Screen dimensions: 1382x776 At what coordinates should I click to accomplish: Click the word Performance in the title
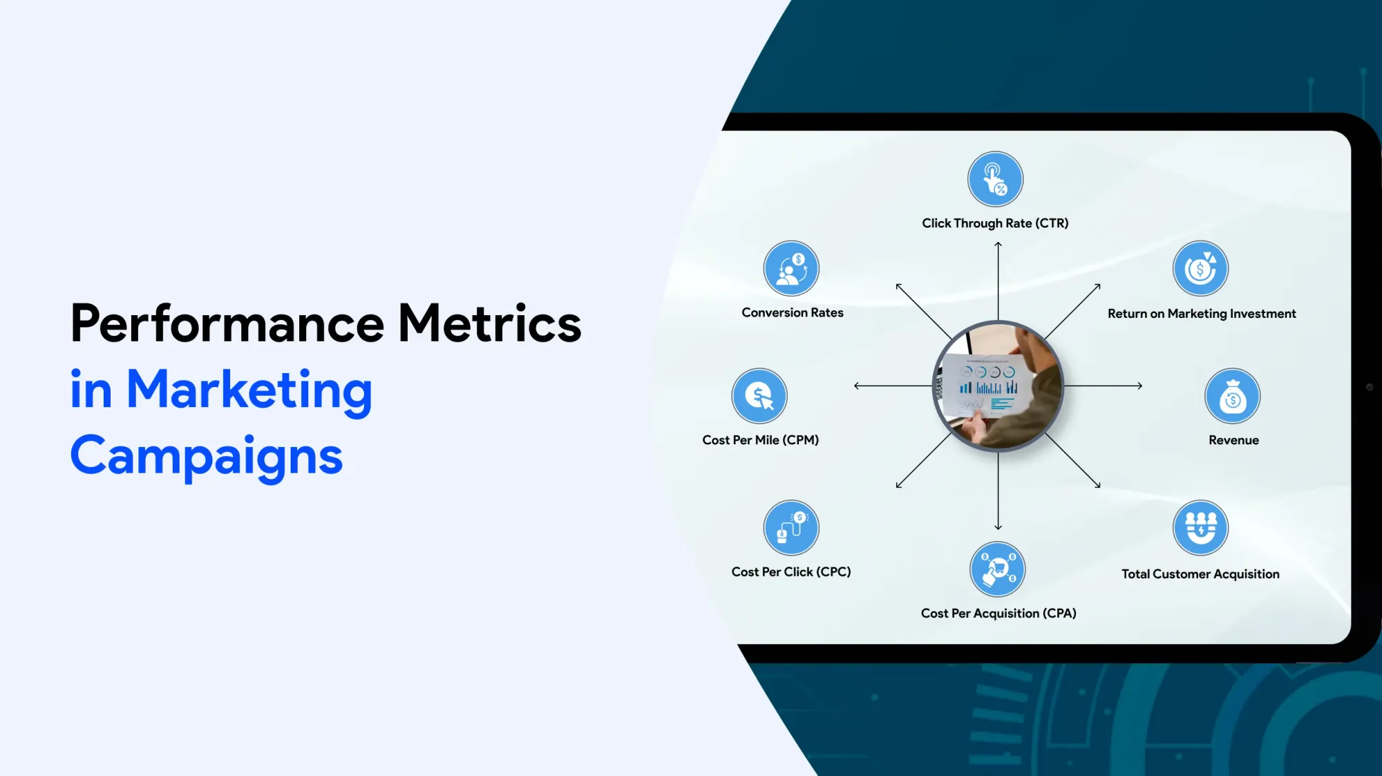click(227, 323)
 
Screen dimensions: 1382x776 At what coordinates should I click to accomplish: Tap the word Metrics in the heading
click(490, 323)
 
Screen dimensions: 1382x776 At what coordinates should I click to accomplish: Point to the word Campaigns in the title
click(207, 456)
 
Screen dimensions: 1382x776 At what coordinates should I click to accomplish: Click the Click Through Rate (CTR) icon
click(995, 179)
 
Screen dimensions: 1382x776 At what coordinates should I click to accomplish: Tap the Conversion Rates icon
click(791, 268)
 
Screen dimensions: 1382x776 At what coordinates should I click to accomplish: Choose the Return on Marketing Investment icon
click(1201, 268)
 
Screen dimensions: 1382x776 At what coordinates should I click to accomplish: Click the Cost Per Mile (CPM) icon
click(759, 396)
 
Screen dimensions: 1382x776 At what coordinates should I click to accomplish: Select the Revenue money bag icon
click(1233, 396)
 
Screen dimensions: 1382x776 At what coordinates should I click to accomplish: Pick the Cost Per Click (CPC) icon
click(791, 528)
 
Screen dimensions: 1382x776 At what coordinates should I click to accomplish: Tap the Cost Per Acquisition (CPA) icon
click(998, 569)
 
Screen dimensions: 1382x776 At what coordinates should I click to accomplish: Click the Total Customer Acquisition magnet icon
click(1201, 528)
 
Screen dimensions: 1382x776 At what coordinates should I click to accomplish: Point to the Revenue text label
click(1233, 440)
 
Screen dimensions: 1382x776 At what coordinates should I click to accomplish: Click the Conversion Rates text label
click(793, 312)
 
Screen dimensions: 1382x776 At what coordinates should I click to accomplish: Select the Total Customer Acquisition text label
click(1200, 574)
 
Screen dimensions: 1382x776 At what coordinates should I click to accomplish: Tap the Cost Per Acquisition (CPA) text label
click(998, 614)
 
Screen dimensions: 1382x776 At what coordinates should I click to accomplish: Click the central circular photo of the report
click(998, 386)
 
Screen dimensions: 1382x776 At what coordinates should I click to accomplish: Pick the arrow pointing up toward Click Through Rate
click(998, 281)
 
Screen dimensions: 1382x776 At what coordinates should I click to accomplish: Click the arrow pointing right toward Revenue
click(1103, 386)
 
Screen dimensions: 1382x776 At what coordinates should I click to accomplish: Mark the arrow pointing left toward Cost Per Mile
click(893, 386)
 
